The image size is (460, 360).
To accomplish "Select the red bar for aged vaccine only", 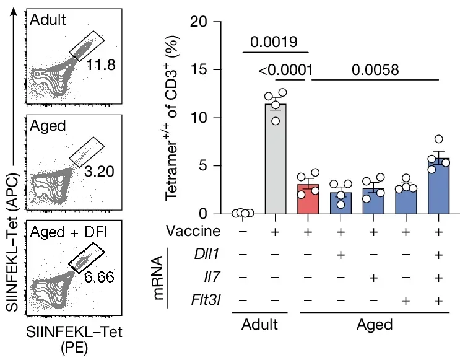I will (308, 199).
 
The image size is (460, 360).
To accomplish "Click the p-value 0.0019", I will (274, 43).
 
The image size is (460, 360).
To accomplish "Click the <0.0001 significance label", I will (284, 70).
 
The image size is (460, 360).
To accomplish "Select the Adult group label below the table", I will (259, 325).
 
